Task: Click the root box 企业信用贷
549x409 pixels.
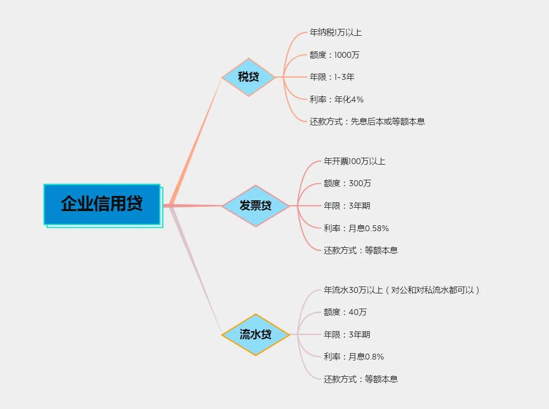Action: coord(102,204)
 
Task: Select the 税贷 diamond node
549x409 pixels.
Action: coord(248,77)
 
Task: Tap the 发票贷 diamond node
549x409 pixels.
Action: coord(255,206)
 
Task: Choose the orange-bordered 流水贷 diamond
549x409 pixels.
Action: coord(255,335)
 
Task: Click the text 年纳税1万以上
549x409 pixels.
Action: coord(335,33)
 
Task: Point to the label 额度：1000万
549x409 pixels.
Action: coord(334,55)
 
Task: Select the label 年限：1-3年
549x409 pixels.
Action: coord(332,77)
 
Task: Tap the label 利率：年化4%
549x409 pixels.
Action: coord(336,99)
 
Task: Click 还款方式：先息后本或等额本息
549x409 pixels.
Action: coord(367,121)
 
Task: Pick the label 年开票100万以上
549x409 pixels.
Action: coord(355,161)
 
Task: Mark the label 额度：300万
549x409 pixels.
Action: coord(347,183)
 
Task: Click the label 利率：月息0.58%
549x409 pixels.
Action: coord(356,228)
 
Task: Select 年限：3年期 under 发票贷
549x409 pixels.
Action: coord(347,206)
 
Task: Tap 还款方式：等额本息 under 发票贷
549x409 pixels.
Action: coord(360,250)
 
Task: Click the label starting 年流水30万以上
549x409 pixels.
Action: coord(402,290)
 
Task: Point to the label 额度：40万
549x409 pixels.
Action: coord(345,312)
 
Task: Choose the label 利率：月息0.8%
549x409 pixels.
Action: coord(354,357)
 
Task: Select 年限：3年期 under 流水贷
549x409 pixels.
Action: coord(347,335)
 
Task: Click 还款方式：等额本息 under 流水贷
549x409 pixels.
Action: coord(360,379)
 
